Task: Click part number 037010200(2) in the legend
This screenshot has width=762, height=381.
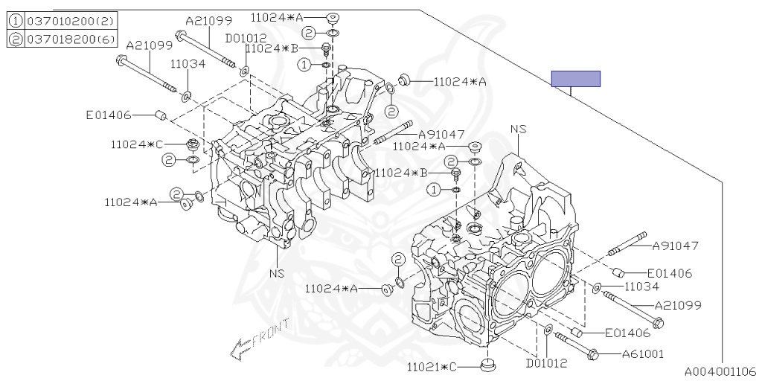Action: click(65, 22)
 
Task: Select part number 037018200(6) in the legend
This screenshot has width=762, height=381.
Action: click(65, 39)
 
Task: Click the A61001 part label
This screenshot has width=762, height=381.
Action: click(643, 354)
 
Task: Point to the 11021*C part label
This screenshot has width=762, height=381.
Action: click(436, 367)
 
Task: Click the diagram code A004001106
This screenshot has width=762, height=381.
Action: click(720, 371)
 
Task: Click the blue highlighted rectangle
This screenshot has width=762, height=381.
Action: click(575, 79)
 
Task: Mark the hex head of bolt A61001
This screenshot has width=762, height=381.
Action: click(593, 354)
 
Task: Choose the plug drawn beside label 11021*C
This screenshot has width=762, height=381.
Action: click(488, 365)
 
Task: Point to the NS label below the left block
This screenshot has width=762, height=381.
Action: click(277, 272)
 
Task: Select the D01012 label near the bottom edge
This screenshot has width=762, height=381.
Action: click(547, 363)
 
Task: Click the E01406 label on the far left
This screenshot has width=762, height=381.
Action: click(109, 115)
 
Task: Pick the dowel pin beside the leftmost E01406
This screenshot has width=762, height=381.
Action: click(160, 115)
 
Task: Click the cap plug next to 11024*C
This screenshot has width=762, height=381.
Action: click(191, 143)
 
